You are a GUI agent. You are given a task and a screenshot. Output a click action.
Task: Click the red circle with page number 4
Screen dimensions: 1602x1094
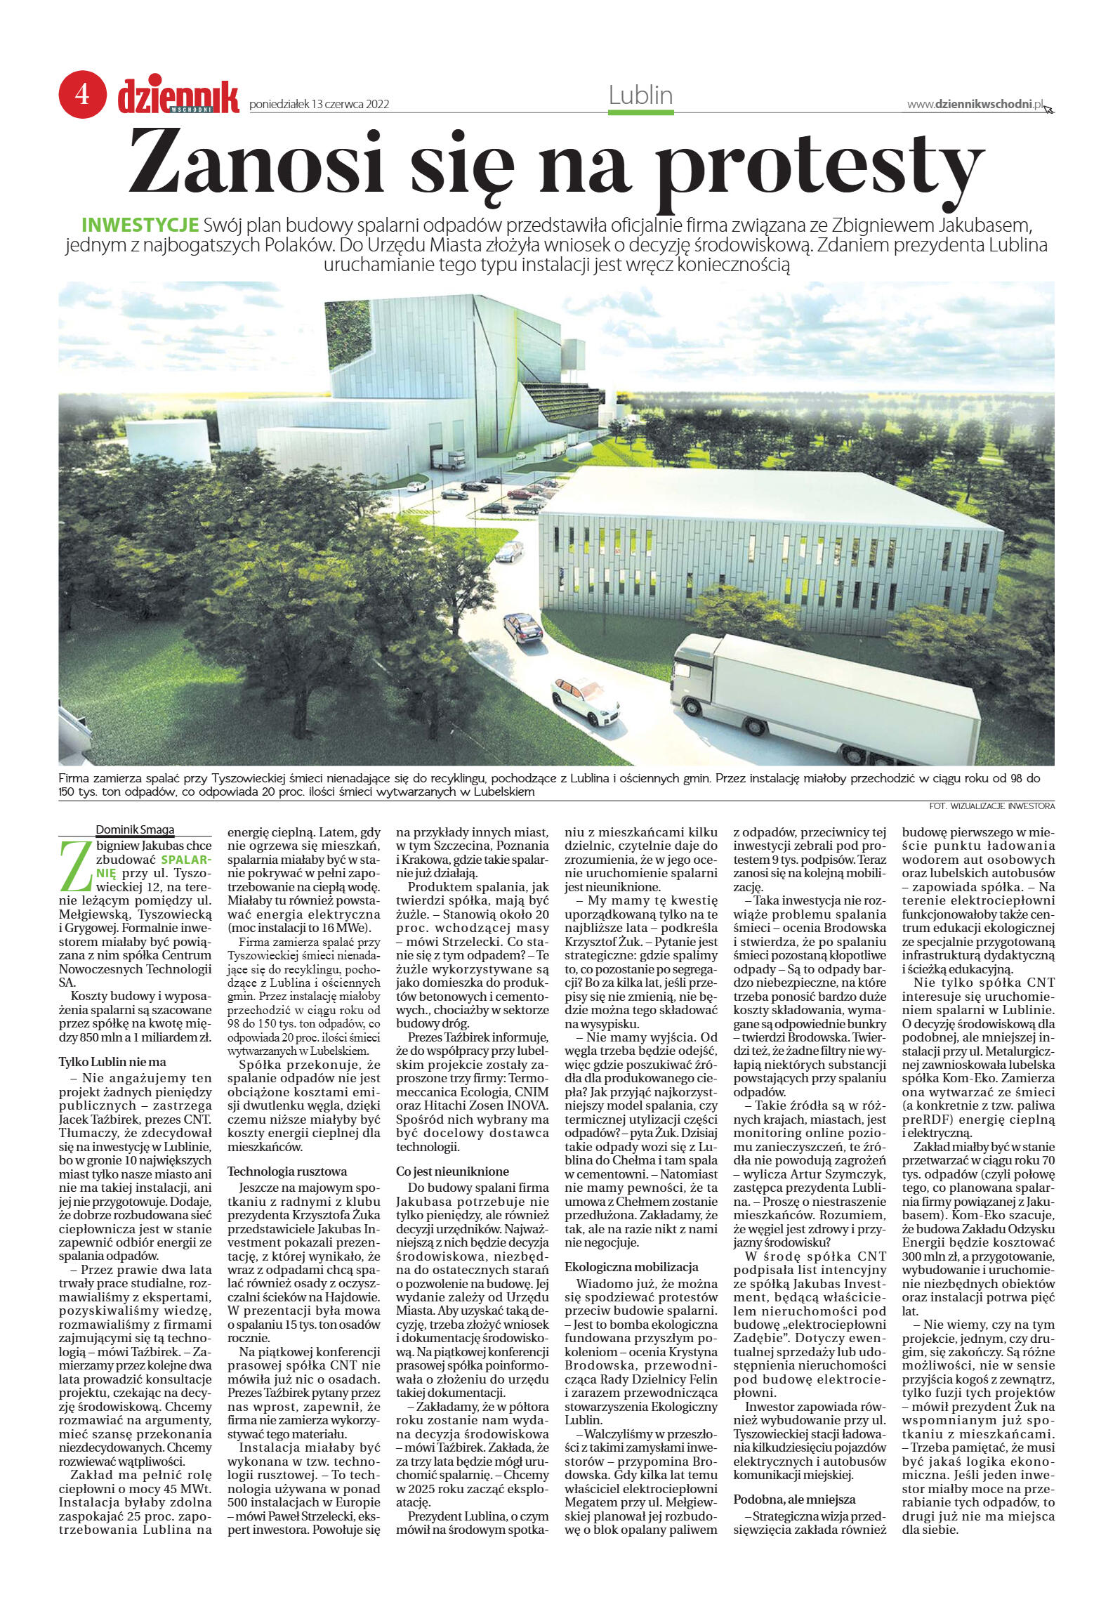83,93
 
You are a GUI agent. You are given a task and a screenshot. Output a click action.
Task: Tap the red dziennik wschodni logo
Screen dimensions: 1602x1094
178,96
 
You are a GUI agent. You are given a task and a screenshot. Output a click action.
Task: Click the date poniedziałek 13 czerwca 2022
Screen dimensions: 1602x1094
319,105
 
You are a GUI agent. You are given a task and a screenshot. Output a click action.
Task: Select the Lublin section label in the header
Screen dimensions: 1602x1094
640,96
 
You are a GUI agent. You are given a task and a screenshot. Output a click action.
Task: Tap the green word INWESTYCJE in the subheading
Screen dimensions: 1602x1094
140,225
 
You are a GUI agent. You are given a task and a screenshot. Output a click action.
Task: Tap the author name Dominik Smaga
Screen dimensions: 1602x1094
135,829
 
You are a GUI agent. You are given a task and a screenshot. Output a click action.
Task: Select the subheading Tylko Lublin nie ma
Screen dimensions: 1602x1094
112,1062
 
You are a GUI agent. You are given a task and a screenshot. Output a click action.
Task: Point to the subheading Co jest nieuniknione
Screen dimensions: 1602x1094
452,1171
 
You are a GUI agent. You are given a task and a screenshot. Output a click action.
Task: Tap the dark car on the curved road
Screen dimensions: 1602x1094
522,626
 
